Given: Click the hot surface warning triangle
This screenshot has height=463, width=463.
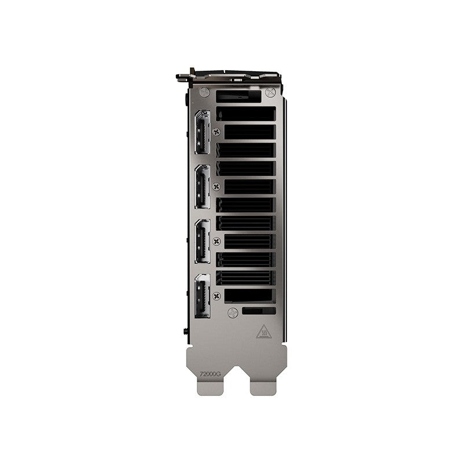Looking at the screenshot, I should click(264, 332).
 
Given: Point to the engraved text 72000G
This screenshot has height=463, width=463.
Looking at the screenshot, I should click(210, 375).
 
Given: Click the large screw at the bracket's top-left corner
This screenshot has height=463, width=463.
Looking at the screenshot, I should click(204, 91).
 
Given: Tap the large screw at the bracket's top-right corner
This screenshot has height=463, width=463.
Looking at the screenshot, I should click(270, 91).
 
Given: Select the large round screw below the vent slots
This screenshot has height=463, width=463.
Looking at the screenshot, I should click(233, 313).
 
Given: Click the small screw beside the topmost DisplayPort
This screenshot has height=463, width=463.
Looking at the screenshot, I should click(217, 132).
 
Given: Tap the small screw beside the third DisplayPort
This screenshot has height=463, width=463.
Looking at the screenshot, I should click(217, 241).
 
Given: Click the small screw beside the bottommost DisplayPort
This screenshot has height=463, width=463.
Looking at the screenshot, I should click(217, 296).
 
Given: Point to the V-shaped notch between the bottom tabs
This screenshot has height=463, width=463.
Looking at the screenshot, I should click(237, 370).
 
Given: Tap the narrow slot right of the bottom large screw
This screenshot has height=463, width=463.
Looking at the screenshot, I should click(259, 311).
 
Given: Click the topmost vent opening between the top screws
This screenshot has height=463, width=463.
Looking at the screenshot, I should click(245, 94).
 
